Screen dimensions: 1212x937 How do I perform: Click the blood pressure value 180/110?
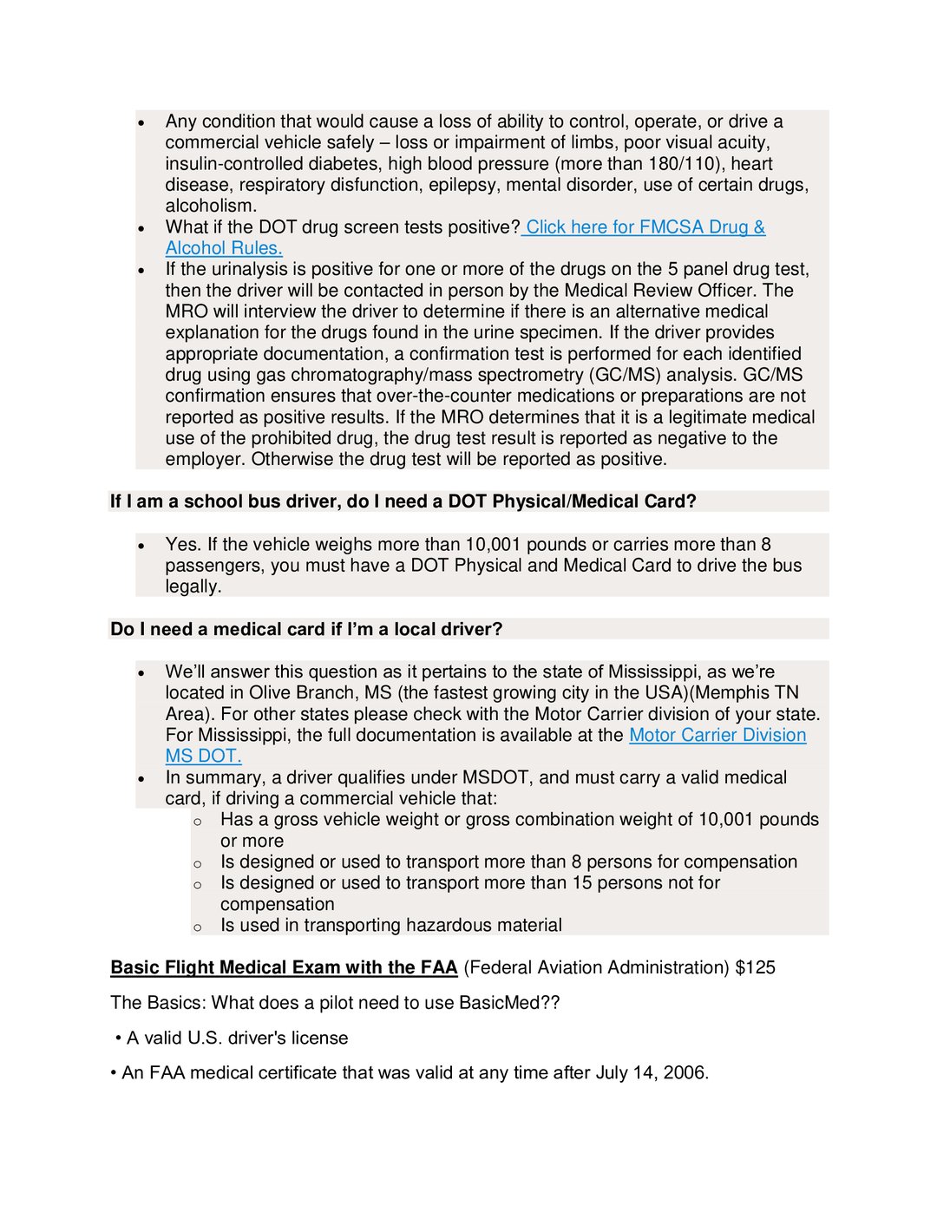tap(683, 164)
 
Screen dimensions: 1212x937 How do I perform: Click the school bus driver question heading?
tap(403, 501)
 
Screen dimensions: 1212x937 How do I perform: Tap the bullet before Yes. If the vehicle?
tap(141, 546)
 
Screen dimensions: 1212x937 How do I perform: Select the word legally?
tap(193, 586)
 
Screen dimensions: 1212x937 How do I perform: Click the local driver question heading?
tap(306, 629)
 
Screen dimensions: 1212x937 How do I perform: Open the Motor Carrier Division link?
tap(717, 735)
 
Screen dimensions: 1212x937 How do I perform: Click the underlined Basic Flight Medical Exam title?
tap(284, 967)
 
